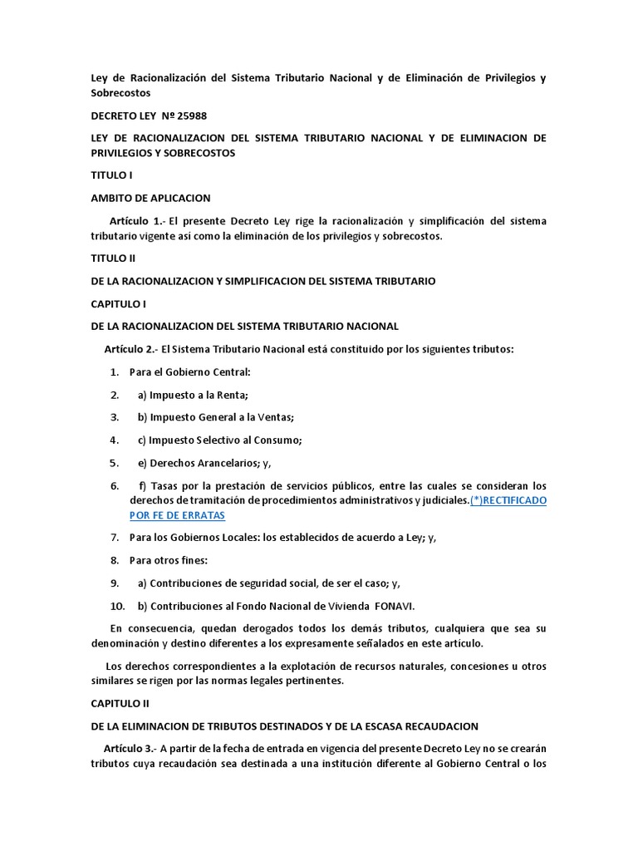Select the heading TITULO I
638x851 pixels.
[x=111, y=175]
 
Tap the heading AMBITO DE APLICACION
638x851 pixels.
[x=150, y=198]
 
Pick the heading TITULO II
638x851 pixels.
[x=113, y=258]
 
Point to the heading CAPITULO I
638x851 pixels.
[x=118, y=304]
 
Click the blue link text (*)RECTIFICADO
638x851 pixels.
[x=508, y=500]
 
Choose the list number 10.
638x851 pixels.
[x=117, y=606]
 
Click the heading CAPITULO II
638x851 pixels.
[x=120, y=703]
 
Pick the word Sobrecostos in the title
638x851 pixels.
[x=120, y=93]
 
